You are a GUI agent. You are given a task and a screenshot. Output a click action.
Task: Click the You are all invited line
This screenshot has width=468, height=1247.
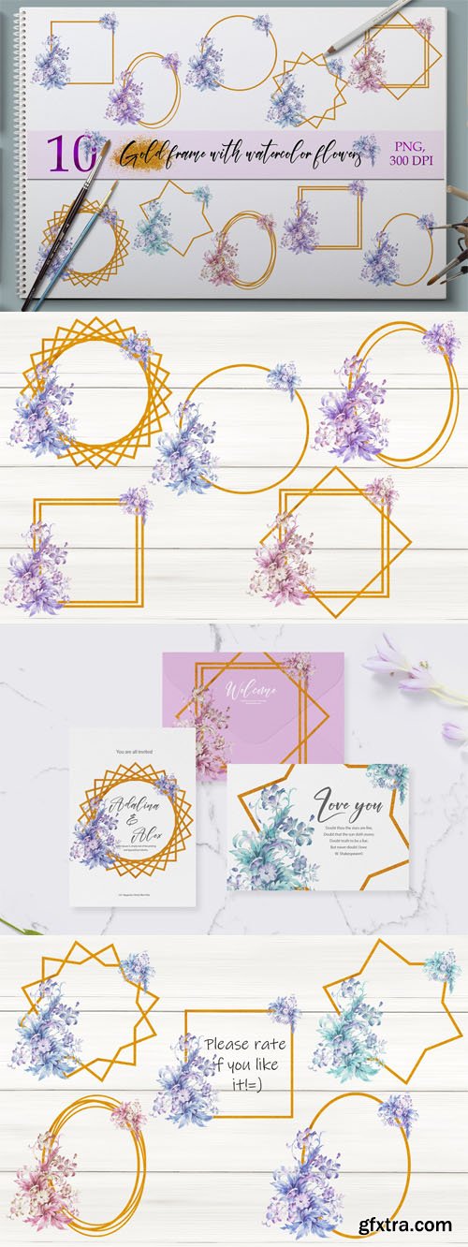click(131, 752)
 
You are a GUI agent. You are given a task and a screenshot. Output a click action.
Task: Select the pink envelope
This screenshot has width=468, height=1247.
click(253, 702)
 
